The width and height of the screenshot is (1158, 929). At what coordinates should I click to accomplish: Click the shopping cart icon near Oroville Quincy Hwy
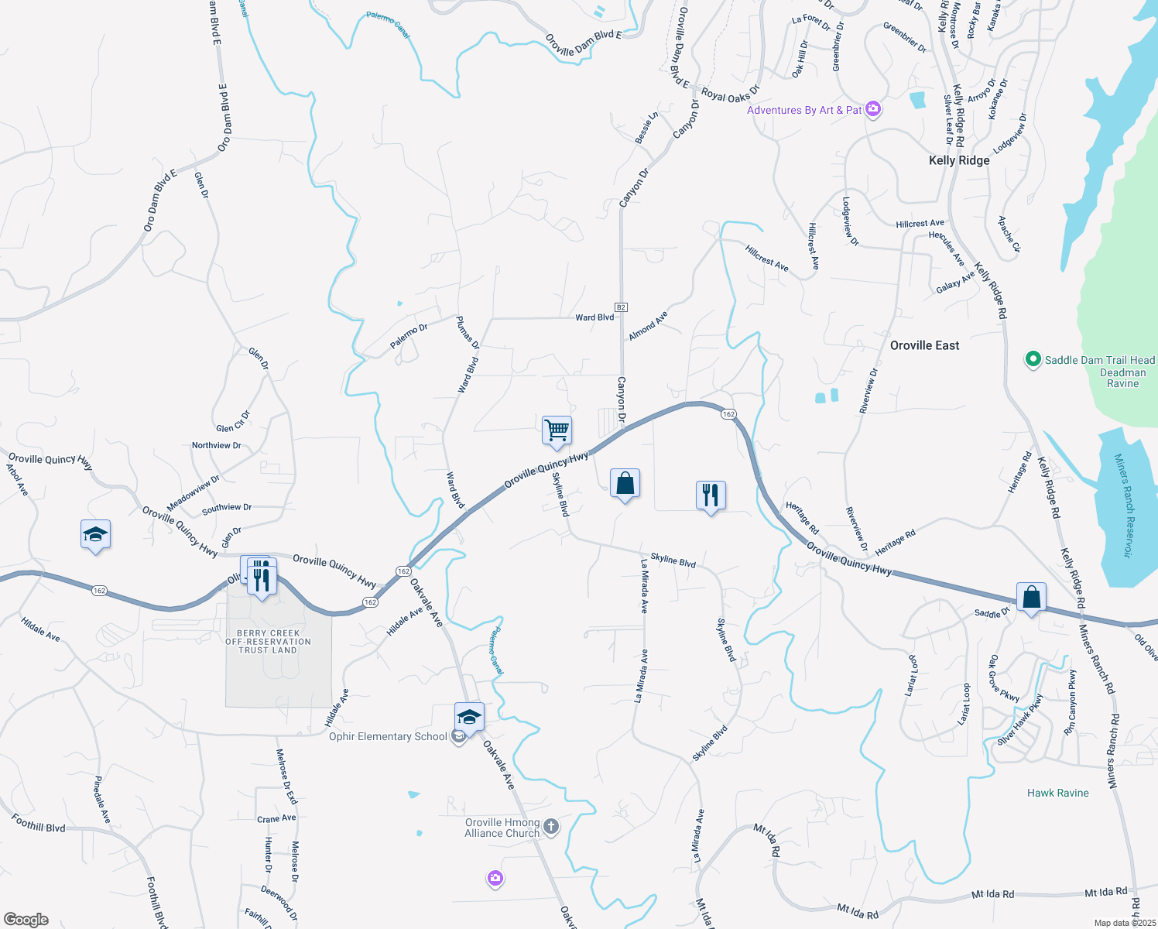[557, 430]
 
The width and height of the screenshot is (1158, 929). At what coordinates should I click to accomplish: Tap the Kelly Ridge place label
[959, 160]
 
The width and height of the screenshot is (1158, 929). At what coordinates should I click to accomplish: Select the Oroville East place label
[924, 345]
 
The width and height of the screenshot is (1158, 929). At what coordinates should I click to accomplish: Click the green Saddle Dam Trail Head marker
[1032, 360]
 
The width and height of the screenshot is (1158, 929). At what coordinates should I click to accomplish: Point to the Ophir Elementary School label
[388, 736]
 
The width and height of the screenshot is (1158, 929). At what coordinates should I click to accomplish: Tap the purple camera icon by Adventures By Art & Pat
[873, 109]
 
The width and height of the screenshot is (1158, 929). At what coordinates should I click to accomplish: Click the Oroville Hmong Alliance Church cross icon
[550, 827]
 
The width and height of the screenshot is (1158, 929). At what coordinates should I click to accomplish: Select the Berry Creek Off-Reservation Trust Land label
[268, 642]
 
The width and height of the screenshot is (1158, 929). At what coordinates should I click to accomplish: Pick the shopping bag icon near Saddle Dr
[1031, 598]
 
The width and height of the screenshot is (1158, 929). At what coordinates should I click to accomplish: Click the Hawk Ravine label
[1057, 793]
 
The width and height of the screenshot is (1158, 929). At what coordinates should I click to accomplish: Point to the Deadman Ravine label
[1122, 378]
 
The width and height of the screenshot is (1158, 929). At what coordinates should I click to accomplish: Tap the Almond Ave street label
[648, 326]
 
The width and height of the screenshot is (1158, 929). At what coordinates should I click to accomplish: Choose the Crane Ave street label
[276, 818]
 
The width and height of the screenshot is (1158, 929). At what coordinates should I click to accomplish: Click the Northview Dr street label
[216, 445]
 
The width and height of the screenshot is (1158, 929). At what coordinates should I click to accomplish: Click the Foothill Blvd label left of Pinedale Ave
[38, 822]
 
